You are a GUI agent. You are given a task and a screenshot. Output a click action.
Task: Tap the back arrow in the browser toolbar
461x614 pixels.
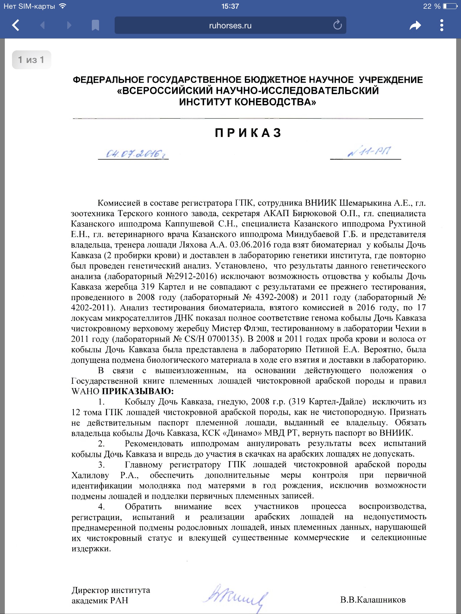click(16, 25)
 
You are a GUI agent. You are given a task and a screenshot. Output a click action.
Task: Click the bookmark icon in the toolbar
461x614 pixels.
click(95, 25)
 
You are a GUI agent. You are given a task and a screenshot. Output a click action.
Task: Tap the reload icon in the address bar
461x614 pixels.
click(337, 25)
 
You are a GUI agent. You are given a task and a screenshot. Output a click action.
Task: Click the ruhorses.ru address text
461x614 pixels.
click(230, 26)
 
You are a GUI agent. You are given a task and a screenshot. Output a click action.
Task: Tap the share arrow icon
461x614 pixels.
click(415, 25)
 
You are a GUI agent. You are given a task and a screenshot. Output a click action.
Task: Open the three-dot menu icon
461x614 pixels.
click(441, 25)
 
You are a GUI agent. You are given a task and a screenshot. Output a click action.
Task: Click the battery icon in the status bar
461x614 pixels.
click(450, 6)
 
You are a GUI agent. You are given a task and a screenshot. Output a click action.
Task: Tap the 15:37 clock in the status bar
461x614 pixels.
click(230, 6)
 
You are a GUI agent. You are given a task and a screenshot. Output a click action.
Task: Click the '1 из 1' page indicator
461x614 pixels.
click(31, 60)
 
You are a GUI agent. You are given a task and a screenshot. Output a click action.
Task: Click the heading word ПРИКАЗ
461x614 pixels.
click(248, 133)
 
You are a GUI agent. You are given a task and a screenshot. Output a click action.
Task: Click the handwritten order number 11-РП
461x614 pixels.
click(369, 152)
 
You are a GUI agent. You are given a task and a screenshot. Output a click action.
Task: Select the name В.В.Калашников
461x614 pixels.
click(373, 600)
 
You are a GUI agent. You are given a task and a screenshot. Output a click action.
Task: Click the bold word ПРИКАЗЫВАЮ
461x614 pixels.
click(137, 391)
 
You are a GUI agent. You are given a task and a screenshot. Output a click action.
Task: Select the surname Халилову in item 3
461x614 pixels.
click(90, 475)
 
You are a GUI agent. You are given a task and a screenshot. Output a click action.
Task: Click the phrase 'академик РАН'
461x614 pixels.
click(100, 601)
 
